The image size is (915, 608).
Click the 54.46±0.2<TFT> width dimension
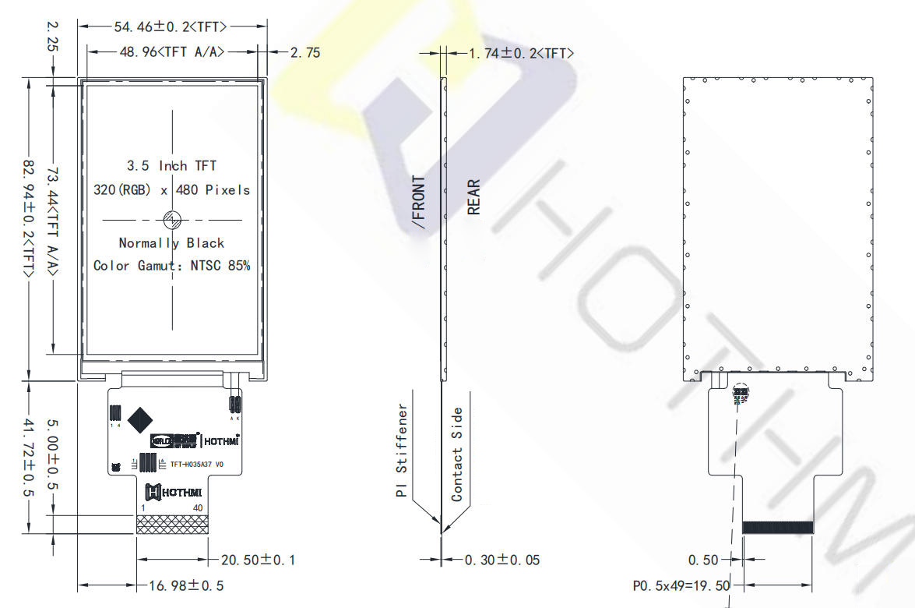[x=171, y=27]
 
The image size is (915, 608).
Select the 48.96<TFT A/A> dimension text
[x=171, y=52]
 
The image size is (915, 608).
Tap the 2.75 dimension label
[x=304, y=52]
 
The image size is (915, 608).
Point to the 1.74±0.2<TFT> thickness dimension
[x=521, y=53]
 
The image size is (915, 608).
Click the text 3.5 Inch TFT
[x=171, y=165]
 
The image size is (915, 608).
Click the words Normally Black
[x=171, y=242]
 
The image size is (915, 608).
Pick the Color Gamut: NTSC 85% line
[x=171, y=265]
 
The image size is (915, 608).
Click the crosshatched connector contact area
[x=172, y=524]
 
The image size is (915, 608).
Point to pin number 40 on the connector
[x=199, y=507]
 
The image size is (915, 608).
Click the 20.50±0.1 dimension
[x=258, y=560]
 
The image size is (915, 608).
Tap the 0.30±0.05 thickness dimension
[x=501, y=560]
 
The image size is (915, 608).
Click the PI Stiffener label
[x=402, y=450]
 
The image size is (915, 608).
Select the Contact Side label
[x=457, y=454]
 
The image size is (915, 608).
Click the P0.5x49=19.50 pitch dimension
[x=681, y=585]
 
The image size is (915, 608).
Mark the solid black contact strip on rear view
[x=778, y=528]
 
